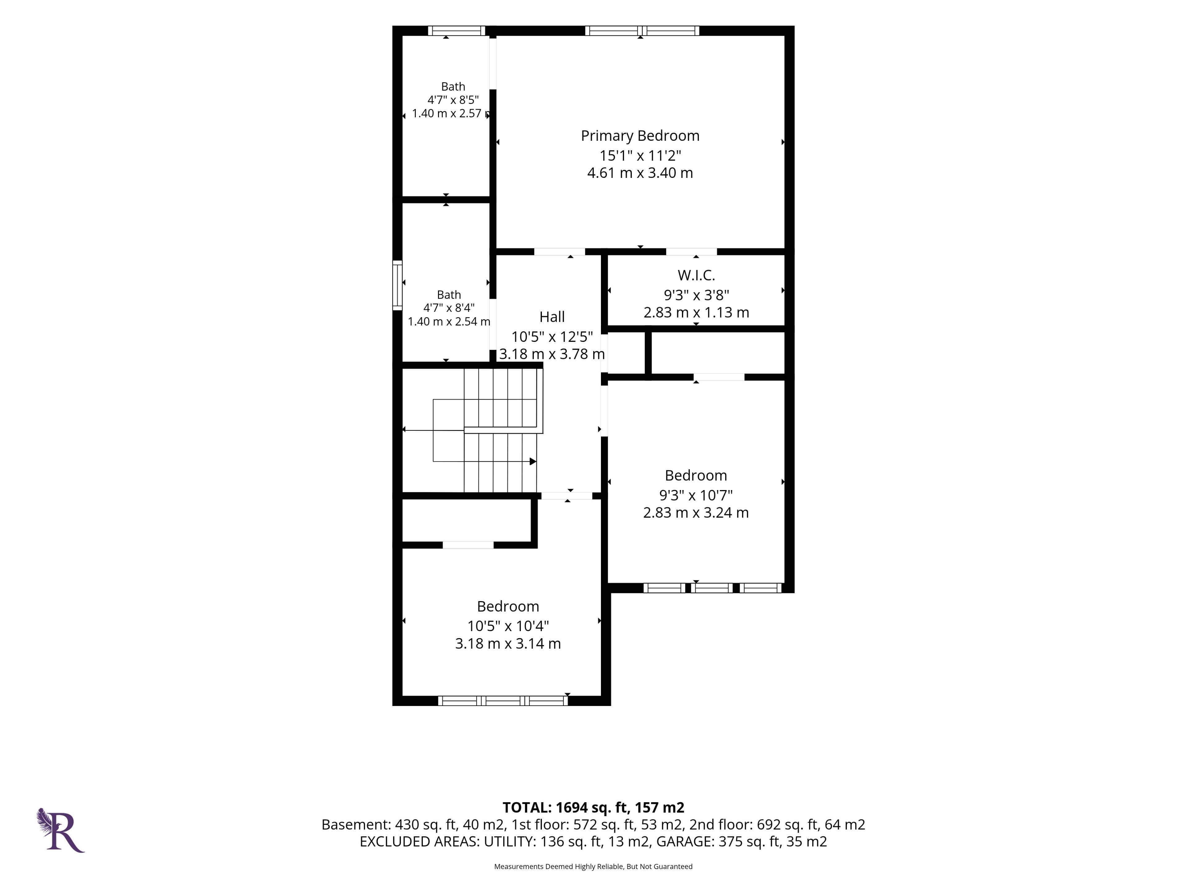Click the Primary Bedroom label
coord(640,136)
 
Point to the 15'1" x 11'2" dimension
coord(640,155)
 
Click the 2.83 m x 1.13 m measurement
coord(696,312)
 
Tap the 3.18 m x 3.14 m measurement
coord(508,643)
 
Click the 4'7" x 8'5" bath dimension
coord(453,100)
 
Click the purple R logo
coord(61,830)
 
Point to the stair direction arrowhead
coord(533,461)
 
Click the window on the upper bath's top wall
coord(456,31)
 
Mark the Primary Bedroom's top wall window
coord(642,31)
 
